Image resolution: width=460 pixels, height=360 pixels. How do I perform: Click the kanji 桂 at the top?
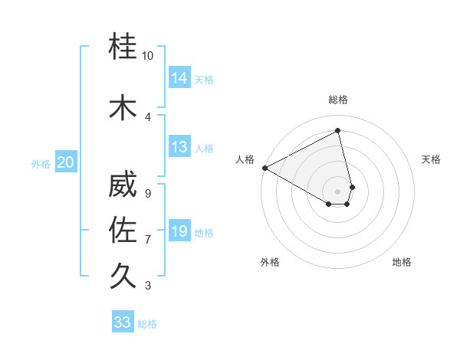123,47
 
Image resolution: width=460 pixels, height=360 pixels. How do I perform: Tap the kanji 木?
123,106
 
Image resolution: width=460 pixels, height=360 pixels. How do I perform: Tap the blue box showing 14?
179,78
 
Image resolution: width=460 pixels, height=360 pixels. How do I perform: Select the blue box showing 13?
179,147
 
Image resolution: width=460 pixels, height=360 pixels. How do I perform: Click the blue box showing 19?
179,231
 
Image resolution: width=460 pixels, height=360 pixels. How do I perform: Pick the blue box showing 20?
66,162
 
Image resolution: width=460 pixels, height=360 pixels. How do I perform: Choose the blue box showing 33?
123,322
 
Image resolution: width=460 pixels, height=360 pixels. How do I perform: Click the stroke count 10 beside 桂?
148,56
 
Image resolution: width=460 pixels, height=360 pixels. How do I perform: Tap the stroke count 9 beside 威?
148,193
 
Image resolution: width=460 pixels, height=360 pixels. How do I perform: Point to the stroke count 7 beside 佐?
148,240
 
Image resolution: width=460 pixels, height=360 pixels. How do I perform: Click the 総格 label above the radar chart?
338,100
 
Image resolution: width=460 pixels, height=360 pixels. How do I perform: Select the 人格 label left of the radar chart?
245,159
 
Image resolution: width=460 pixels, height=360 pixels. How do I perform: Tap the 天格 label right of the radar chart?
432,159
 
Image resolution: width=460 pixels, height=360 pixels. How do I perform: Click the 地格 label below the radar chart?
402,262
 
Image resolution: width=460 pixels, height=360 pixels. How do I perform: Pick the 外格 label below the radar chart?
270,262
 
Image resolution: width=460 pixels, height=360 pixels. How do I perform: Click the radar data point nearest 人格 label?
264,167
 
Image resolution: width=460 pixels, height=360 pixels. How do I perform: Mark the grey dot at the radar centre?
337,191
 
